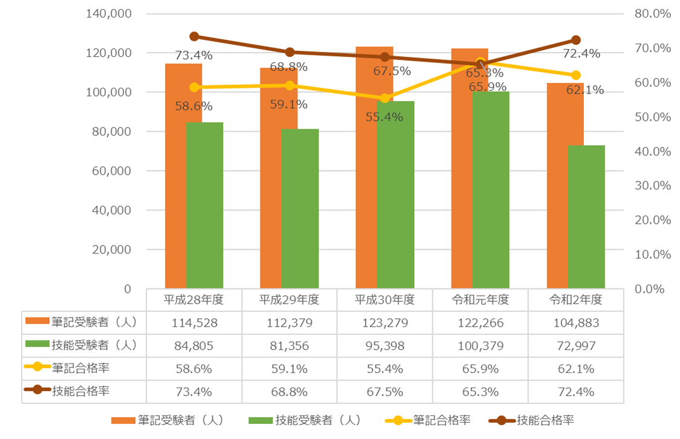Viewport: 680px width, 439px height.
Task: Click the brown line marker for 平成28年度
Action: (x=195, y=36)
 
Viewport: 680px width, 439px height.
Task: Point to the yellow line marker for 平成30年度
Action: (x=385, y=98)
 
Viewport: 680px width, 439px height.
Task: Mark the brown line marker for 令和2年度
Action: (x=575, y=40)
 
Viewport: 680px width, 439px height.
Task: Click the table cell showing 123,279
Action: (x=385, y=323)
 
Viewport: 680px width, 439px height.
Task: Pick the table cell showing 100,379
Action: (x=480, y=346)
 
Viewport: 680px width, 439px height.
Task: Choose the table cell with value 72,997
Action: (x=575, y=346)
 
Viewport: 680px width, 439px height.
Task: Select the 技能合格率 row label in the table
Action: (x=82, y=391)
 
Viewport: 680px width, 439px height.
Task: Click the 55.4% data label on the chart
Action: (x=385, y=117)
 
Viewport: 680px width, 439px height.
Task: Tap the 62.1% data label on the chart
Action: (x=586, y=90)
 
